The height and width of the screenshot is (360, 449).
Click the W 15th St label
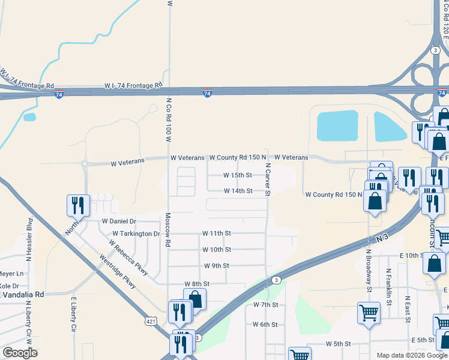click(238, 175)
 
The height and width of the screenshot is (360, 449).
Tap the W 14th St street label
click(238, 191)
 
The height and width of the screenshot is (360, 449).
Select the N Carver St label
click(268, 179)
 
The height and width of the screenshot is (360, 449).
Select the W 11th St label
click(216, 233)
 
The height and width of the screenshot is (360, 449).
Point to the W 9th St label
click(217, 265)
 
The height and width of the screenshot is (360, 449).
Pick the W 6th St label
click(265, 325)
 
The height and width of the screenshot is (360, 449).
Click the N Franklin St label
click(388, 287)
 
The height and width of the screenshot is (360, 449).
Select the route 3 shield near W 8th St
click(275, 280)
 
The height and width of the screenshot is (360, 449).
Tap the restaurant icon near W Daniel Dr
click(78, 206)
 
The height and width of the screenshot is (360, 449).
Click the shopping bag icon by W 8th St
click(194, 298)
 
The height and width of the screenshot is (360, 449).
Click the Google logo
click(20, 353)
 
